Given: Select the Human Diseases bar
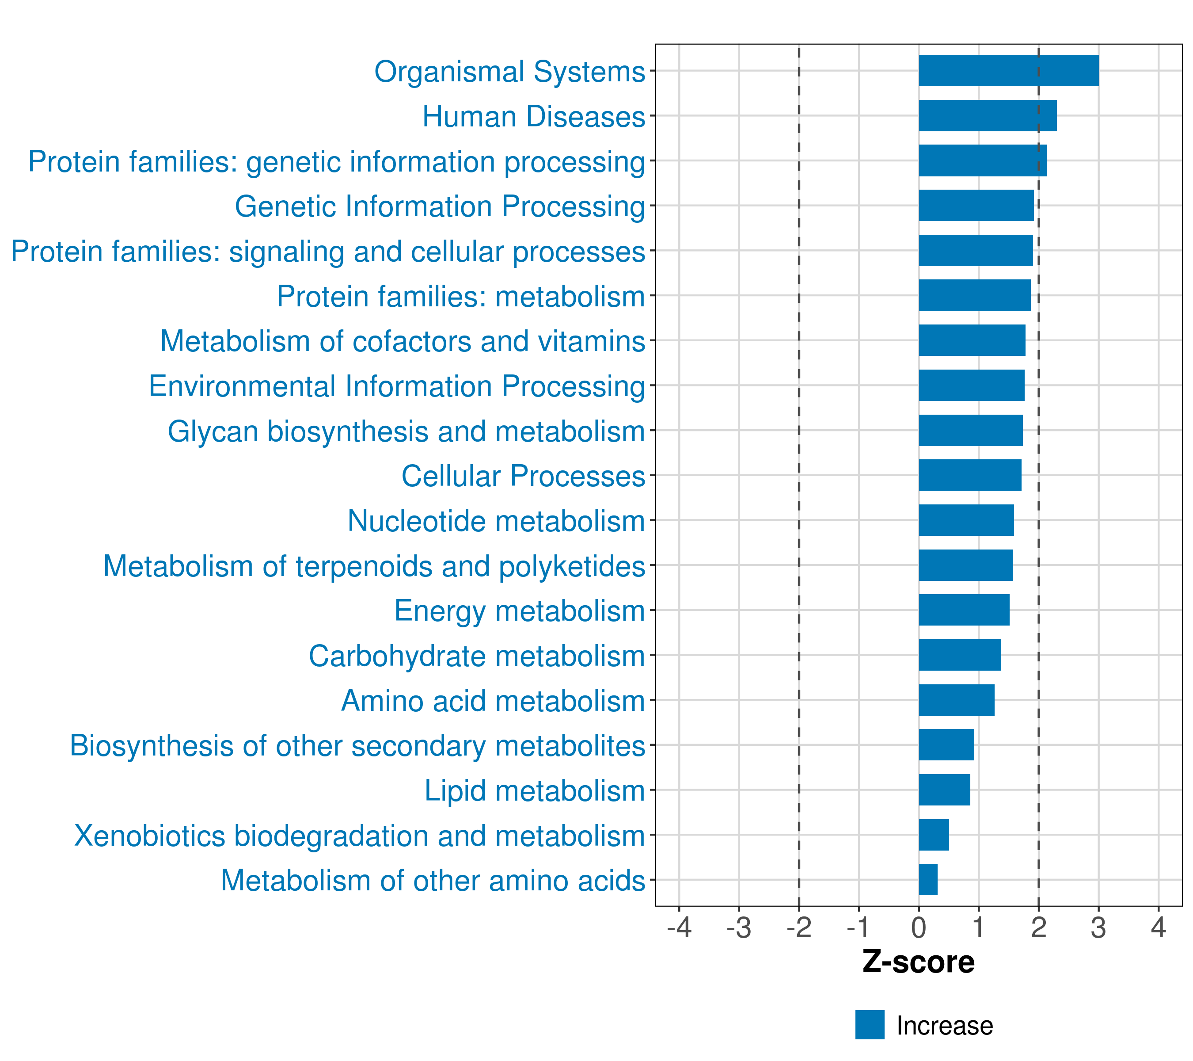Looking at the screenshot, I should pos(987,116).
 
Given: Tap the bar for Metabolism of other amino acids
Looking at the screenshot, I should pos(928,879).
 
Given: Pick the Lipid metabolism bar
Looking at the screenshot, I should pos(944,790).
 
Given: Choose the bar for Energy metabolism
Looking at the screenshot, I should pos(964,610).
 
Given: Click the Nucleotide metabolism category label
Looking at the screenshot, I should pos(496,520).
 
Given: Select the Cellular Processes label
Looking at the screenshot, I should pos(523,475).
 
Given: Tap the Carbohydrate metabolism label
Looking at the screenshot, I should pos(476,655).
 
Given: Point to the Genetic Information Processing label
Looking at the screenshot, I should pos(440,206).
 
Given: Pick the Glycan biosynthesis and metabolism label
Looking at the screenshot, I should pos(406,431).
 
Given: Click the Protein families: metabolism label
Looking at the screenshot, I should pos(460,296).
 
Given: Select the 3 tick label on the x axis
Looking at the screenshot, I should pos(1098,927).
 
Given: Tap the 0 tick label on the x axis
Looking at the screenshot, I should pos(919,927).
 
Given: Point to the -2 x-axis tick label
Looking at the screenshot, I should pos(798,927).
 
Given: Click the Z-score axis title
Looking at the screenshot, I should pos(918,962).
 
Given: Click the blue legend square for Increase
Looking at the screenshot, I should pos(870,1025).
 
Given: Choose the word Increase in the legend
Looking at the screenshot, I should pos(944,1025).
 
